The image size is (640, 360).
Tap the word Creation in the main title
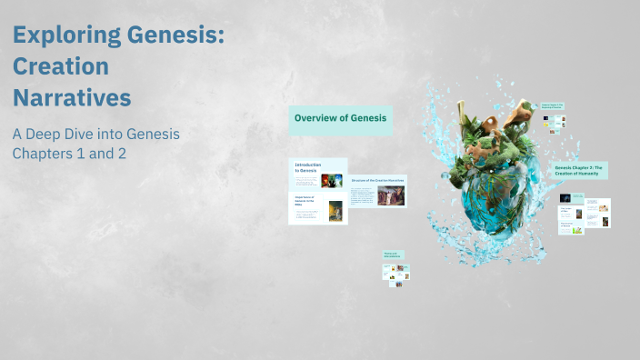(61, 66)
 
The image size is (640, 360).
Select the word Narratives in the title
(72, 96)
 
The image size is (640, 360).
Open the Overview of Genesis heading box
(341, 118)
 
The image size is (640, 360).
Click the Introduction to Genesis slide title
(306, 167)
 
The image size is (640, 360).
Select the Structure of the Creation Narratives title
(377, 181)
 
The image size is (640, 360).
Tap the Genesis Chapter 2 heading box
(579, 170)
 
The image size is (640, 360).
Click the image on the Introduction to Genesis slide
(335, 179)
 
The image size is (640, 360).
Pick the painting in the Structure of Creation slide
(392, 195)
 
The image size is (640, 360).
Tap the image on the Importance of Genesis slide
(335, 211)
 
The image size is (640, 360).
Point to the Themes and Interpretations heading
(392, 256)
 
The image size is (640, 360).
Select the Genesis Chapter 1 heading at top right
(553, 106)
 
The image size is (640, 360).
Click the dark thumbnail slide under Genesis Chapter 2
(565, 197)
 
